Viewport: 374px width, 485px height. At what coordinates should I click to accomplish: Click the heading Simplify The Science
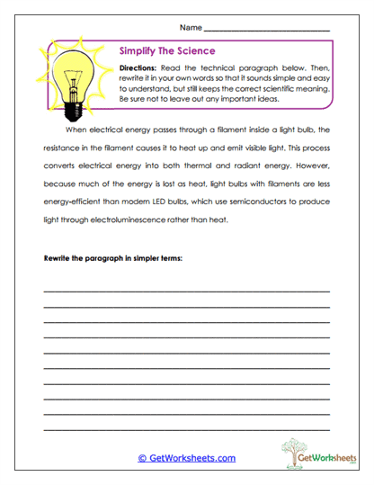click(x=165, y=53)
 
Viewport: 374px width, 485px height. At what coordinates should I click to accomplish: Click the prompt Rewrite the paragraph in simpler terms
click(x=113, y=258)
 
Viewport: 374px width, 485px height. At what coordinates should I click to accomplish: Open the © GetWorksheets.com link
click(x=187, y=458)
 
